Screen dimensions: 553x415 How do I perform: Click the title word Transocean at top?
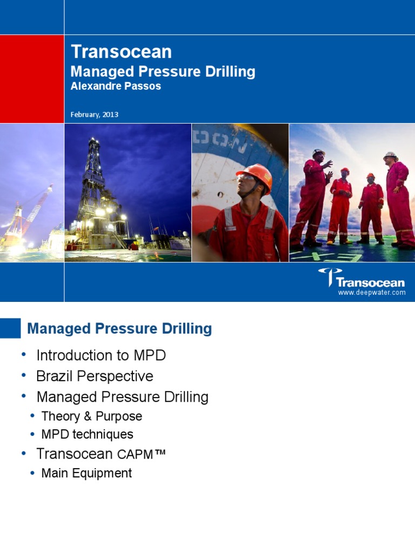pyautogui.click(x=122, y=52)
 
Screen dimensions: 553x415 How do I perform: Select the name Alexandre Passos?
pyautogui.click(x=116, y=86)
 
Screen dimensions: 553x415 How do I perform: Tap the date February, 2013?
pyautogui.click(x=95, y=114)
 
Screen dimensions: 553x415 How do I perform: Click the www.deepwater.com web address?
pyautogui.click(x=371, y=292)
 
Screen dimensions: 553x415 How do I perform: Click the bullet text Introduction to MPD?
pyautogui.click(x=101, y=355)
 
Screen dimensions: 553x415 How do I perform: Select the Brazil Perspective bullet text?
pyautogui.click(x=95, y=376)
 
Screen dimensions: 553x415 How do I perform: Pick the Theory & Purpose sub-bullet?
pyautogui.click(x=91, y=416)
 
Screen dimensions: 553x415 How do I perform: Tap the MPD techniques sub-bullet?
pyautogui.click(x=87, y=434)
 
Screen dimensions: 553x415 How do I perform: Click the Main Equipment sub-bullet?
pyautogui.click(x=86, y=473)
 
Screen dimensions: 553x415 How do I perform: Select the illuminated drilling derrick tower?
pyautogui.click(x=94, y=184)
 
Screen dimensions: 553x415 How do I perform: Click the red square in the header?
pyautogui.click(x=32, y=79)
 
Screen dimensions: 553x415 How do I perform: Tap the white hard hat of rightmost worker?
pyautogui.click(x=390, y=156)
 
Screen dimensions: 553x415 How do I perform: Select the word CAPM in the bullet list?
pyautogui.click(x=135, y=455)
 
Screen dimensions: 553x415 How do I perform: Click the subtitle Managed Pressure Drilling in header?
pyautogui.click(x=163, y=72)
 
